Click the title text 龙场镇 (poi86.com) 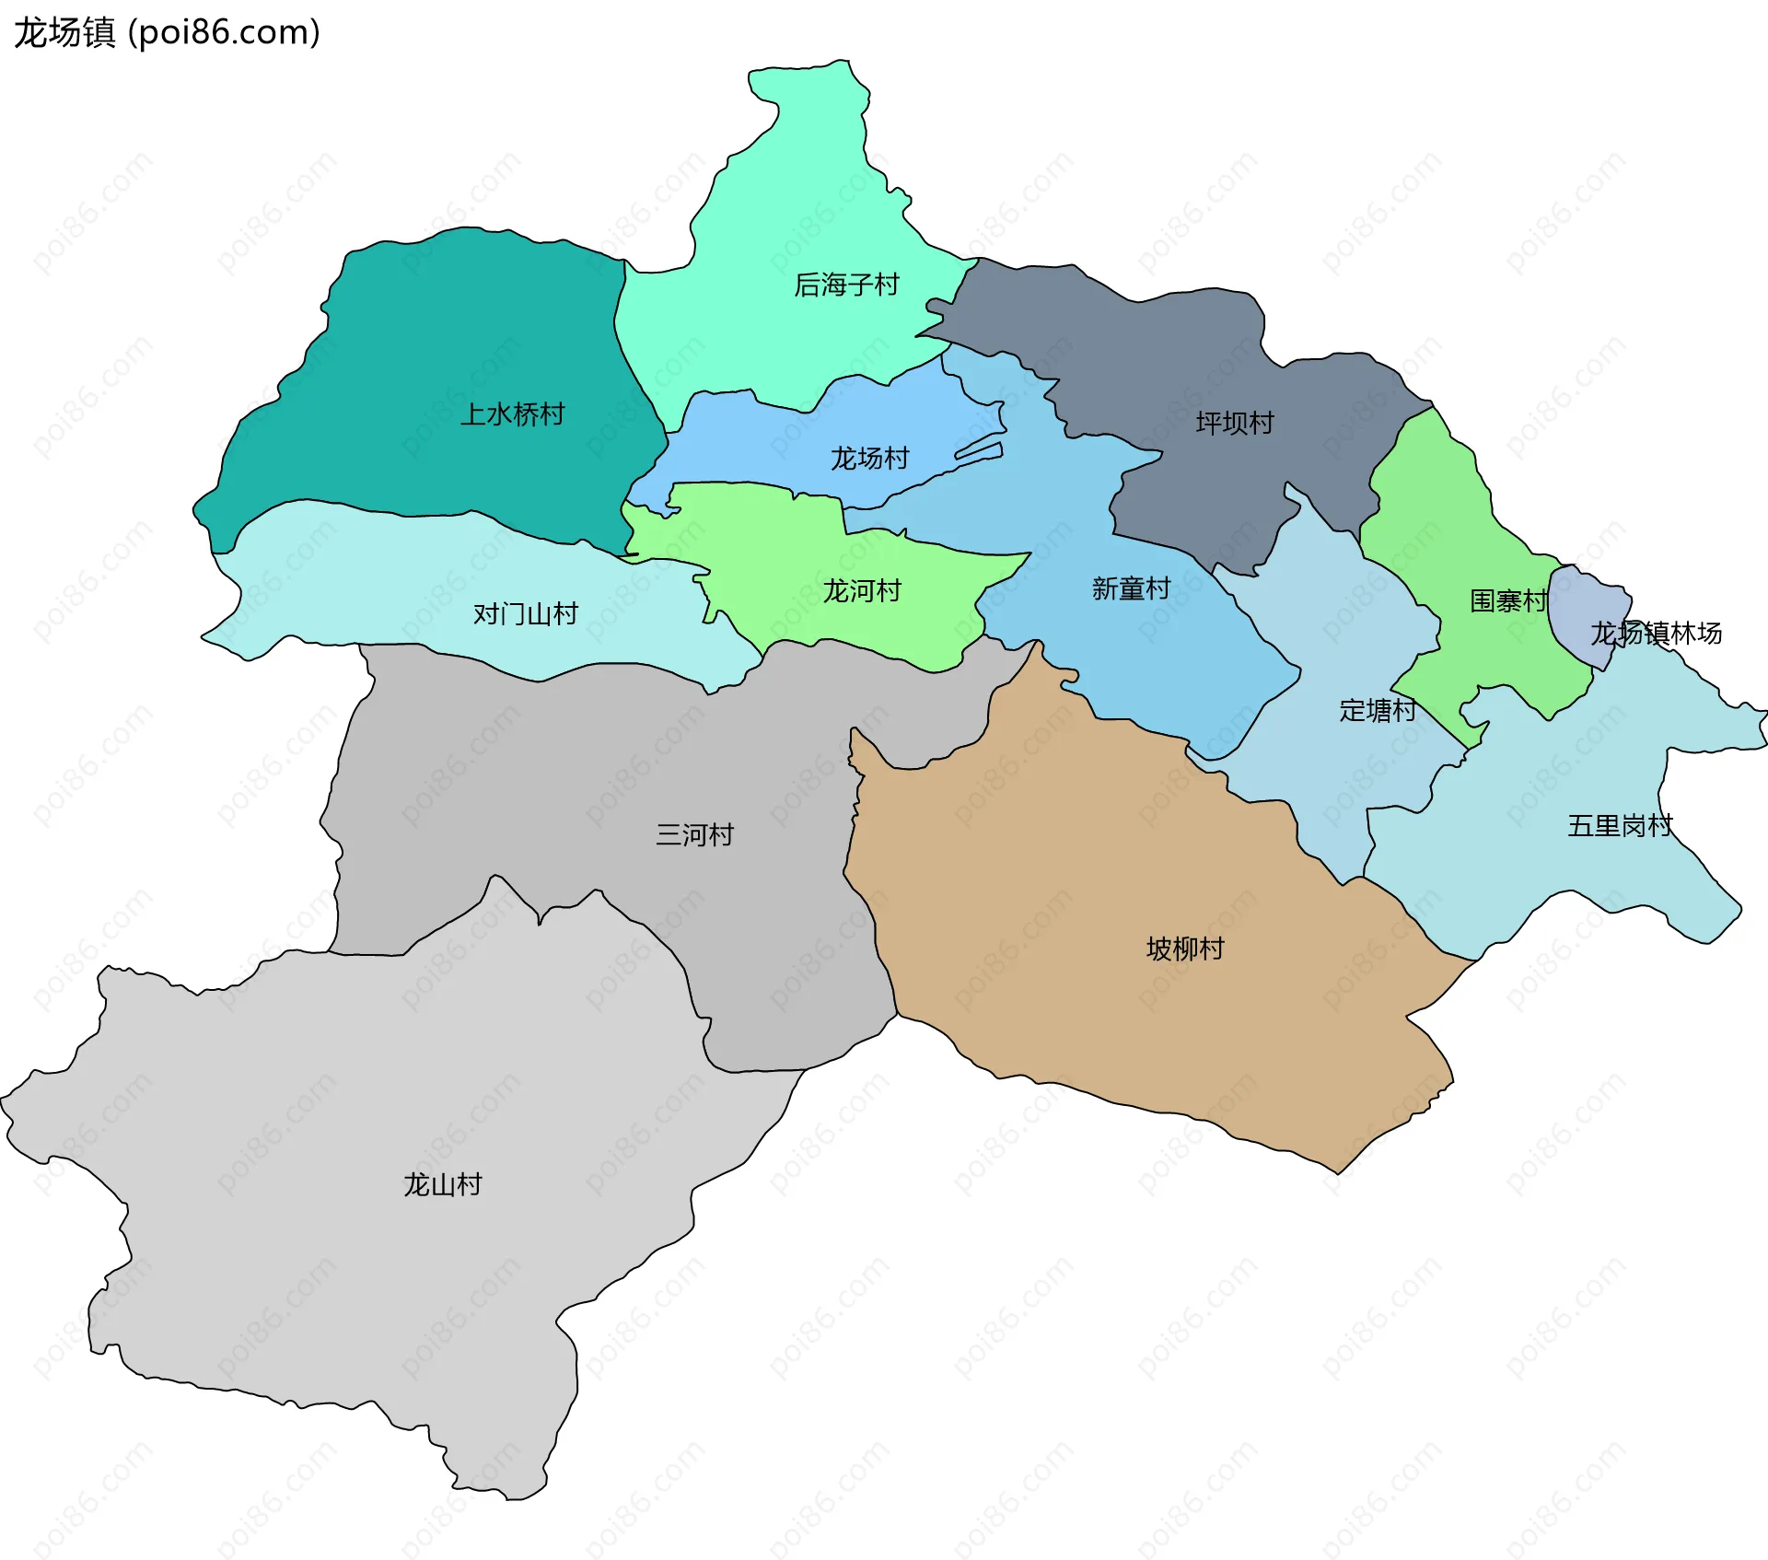(x=167, y=32)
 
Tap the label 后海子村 (x=846, y=285)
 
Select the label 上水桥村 (x=512, y=414)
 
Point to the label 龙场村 (x=869, y=458)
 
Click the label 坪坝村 (x=1235, y=423)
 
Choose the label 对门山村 (x=525, y=613)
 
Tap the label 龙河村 (x=861, y=590)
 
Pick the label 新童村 (x=1131, y=588)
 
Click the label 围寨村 (x=1508, y=601)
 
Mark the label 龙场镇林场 (x=1656, y=633)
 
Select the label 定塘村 (x=1378, y=710)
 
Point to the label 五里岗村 (x=1620, y=825)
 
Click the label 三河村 (x=694, y=834)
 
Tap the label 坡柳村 (x=1185, y=949)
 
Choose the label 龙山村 (x=442, y=1184)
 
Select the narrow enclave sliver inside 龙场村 (x=979, y=452)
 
